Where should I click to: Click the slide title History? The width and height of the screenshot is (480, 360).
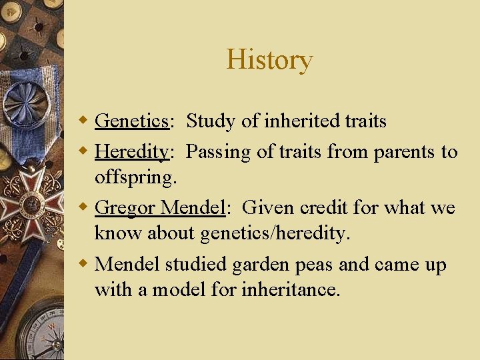tap(269, 59)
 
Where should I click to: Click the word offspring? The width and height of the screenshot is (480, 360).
tap(136, 177)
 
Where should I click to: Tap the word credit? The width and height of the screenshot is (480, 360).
tap(324, 208)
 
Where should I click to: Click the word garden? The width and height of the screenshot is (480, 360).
tap(260, 265)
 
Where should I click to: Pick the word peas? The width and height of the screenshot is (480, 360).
tap(313, 265)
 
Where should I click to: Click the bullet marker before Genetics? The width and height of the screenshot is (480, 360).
tap(83, 121)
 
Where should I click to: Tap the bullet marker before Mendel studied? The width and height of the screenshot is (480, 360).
tap(83, 264)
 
